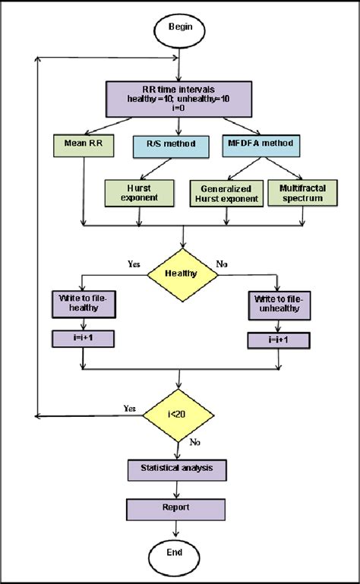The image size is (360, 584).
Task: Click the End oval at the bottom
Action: click(178, 552)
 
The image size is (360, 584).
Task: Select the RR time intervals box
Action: click(178, 97)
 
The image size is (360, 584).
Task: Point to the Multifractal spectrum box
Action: click(303, 193)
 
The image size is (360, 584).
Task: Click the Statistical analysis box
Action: click(178, 469)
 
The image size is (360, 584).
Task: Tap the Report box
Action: click(178, 507)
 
